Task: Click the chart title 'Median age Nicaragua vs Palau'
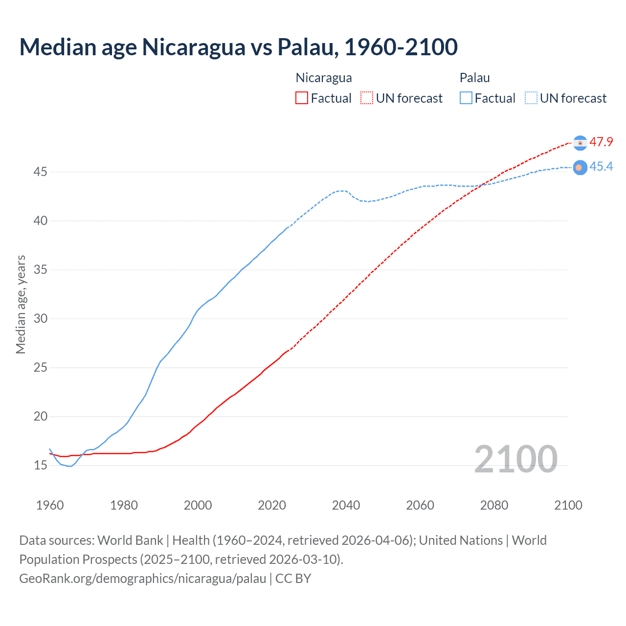coord(238,47)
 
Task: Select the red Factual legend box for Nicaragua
coord(302,98)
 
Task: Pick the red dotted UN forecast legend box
coord(367,98)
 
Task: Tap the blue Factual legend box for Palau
coord(466,98)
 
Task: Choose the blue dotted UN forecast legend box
coord(531,98)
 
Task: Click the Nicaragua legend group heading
coord(323,78)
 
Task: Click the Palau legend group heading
coord(474,78)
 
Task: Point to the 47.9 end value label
coord(601,142)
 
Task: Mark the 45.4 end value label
coord(601,167)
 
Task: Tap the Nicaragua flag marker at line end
coord(580,143)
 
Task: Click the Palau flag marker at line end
coord(580,167)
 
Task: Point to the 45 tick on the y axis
coord(40,172)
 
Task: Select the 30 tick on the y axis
coord(40,319)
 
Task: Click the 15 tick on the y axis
coord(40,466)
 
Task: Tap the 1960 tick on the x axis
coord(50,505)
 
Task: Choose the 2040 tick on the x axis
coord(346,505)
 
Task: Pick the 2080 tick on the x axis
coord(494,505)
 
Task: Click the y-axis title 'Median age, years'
coord(21,304)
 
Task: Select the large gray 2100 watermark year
coord(515,459)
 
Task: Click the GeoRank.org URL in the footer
coord(142,579)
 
